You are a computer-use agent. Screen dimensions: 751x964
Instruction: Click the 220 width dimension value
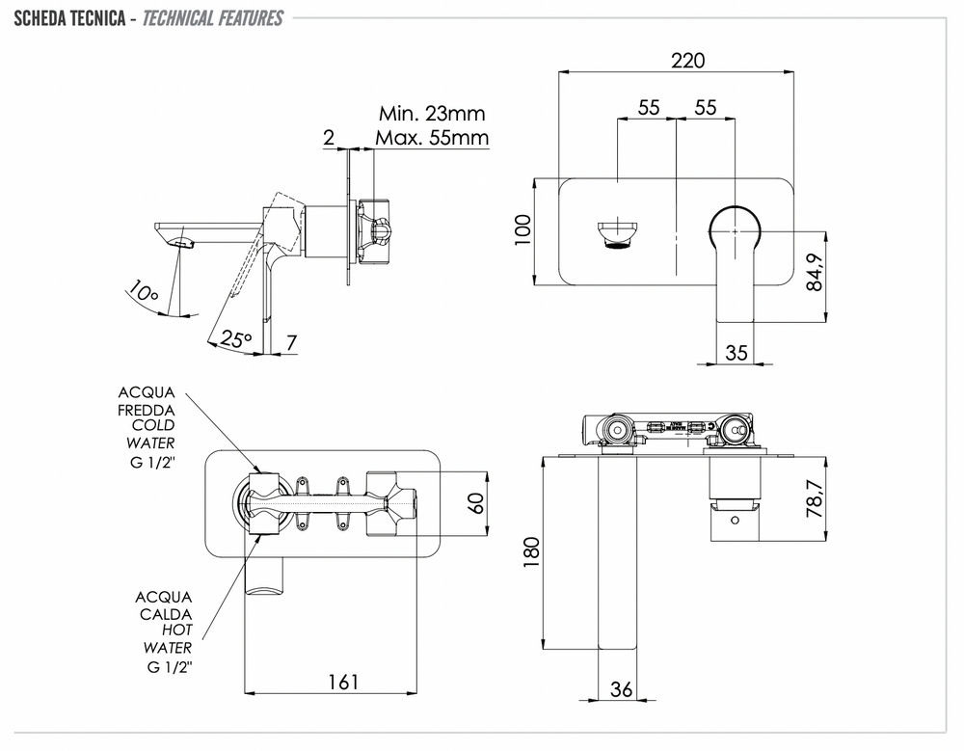[x=687, y=60]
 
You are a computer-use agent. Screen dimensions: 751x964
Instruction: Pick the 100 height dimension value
[x=523, y=231]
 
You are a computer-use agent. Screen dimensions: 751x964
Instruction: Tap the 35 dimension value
[x=736, y=353]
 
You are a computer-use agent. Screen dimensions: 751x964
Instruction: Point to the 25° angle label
[x=235, y=339]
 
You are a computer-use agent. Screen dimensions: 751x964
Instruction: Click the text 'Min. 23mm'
[x=431, y=115]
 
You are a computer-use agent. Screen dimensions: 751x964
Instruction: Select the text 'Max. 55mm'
[x=432, y=138]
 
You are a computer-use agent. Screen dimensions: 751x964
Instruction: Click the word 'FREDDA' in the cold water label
[x=147, y=409]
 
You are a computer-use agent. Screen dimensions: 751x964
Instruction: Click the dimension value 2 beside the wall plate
[x=329, y=138]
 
